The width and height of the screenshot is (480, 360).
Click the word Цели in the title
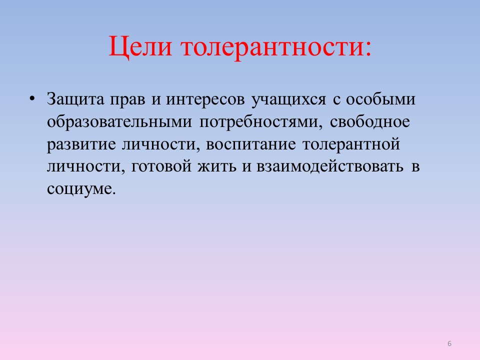pyautogui.click(x=140, y=47)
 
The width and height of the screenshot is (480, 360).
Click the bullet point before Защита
pyautogui.click(x=32, y=98)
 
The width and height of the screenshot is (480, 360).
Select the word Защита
pyautogui.click(x=75, y=99)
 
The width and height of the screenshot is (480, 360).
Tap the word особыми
pyautogui.click(x=380, y=99)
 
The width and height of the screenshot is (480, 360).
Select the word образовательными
pyautogui.click(x=119, y=122)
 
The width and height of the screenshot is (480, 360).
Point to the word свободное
pyautogui.click(x=370, y=121)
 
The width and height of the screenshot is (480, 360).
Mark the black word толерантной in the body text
pyautogui.click(x=351, y=144)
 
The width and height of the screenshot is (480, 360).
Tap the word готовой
pyautogui.click(x=161, y=166)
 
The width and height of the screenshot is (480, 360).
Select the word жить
pyautogui.click(x=217, y=166)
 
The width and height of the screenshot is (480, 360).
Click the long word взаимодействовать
pyautogui.click(x=329, y=166)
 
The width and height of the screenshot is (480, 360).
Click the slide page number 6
pyautogui.click(x=449, y=343)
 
